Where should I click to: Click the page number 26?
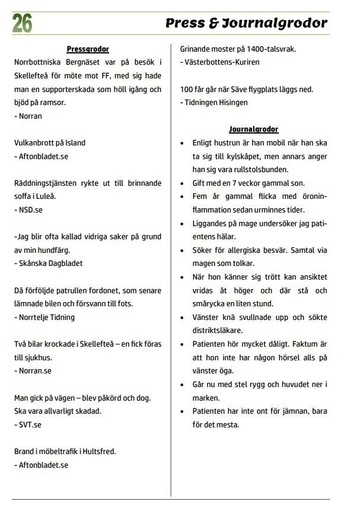22,23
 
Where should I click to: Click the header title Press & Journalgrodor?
246,23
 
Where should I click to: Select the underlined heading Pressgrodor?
88,49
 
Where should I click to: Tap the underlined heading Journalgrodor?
253,129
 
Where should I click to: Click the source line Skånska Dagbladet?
50,263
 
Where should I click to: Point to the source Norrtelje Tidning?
46,317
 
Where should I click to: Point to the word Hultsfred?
98,451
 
